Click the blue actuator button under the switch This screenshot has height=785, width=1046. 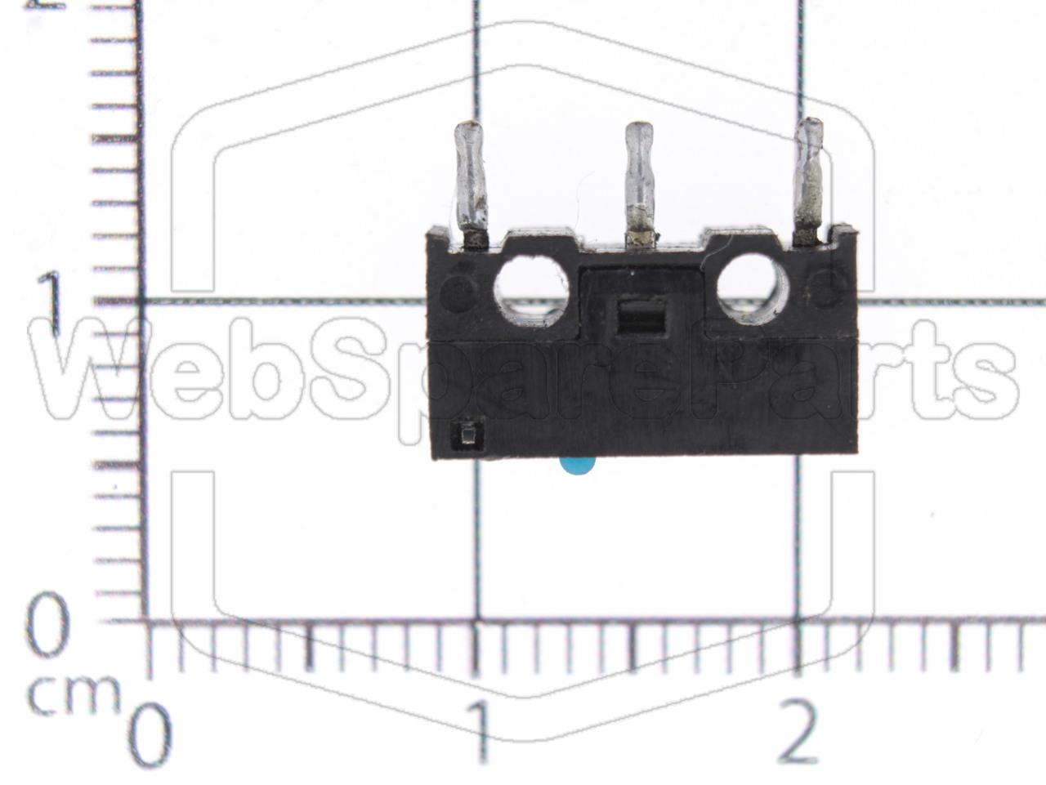click(x=578, y=466)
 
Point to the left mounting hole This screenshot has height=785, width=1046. click(x=531, y=291)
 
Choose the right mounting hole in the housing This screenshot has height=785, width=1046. click(x=753, y=288)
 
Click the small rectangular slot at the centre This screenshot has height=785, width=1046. click(x=641, y=317)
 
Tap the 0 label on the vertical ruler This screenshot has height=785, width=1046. click(x=48, y=625)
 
